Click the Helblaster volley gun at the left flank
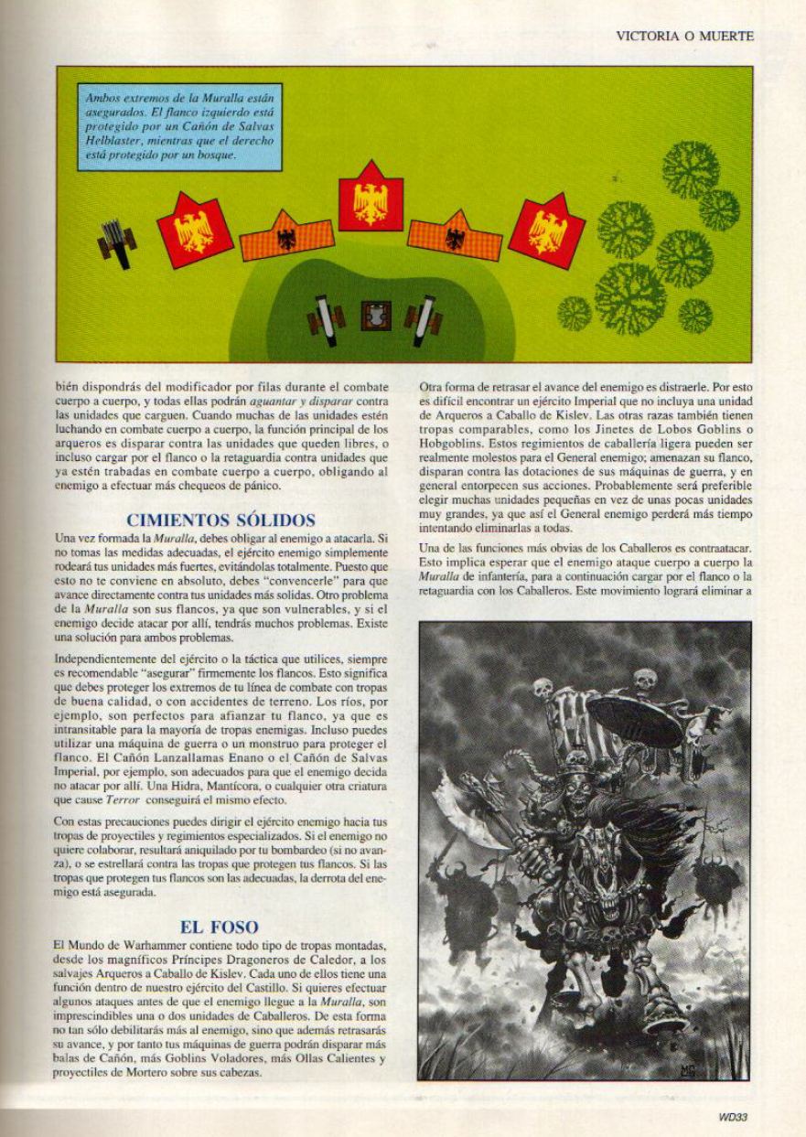(117, 241)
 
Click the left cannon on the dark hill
(324, 316)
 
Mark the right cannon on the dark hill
(424, 316)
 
